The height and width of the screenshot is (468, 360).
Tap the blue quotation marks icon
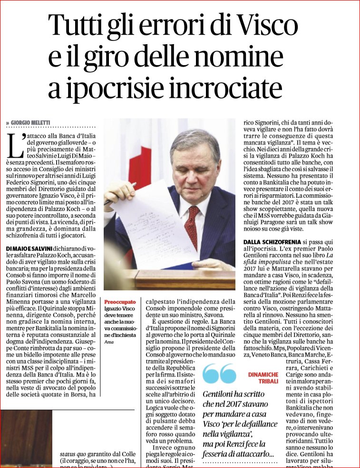pyautogui.click(x=219, y=374)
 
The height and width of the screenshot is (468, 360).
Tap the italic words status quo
pyautogui.click(x=74, y=453)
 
